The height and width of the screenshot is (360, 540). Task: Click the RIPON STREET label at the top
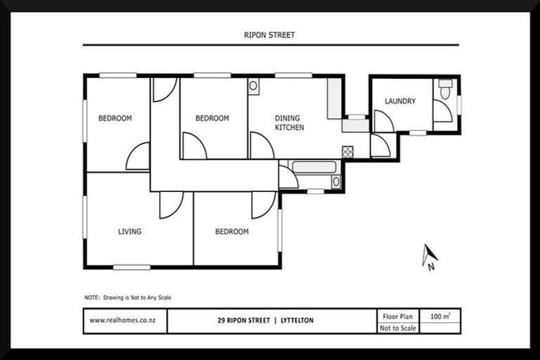coord(270,33)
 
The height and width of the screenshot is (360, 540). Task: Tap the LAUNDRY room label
coord(399,101)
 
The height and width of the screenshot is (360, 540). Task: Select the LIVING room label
coord(129,231)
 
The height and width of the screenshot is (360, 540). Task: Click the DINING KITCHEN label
coord(289,123)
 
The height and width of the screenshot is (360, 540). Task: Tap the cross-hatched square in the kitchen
coord(347,151)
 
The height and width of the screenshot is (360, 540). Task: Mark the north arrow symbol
coord(429,257)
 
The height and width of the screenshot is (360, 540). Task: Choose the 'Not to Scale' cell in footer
coord(398,328)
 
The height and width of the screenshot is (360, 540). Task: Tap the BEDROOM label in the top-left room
coord(115,118)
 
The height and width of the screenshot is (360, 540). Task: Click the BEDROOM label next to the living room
coord(231,231)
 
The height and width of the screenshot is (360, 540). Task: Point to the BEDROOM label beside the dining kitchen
coord(212,118)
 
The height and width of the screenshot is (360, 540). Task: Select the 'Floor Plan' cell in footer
coord(398,316)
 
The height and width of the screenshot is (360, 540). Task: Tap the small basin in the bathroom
coord(336,181)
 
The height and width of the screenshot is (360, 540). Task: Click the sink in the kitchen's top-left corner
coord(253,86)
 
